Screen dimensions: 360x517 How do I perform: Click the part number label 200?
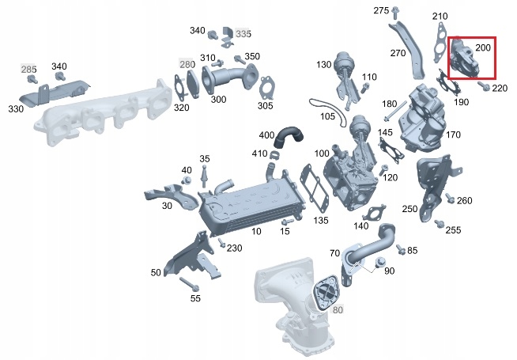pos(483,48)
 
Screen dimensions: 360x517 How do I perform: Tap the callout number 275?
pos(381,10)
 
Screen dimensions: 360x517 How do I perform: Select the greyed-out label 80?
pos(338,309)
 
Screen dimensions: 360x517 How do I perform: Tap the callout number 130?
pos(324,64)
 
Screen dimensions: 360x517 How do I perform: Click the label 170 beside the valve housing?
pos(453,135)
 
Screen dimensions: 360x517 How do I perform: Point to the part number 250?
pos(409,209)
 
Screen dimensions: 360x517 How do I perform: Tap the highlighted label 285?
pos(28,70)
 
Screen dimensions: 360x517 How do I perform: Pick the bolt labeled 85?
pos(400,249)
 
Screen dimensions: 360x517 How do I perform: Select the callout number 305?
pos(266,106)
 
